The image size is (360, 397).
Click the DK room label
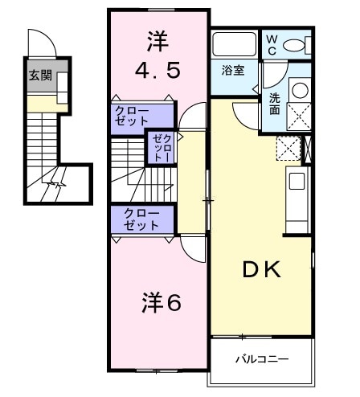pyautogui.click(x=262, y=270)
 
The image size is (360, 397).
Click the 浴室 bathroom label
pyautogui.click(x=233, y=70)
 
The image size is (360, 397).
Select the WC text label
pyautogui.click(x=272, y=44)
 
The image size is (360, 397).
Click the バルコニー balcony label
pyautogui.click(x=261, y=358)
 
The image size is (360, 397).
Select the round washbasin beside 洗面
pyautogui.click(x=298, y=90)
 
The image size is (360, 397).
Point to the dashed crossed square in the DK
pyautogui.click(x=288, y=149)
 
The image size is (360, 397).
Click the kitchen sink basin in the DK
pyautogui.click(x=296, y=184)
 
